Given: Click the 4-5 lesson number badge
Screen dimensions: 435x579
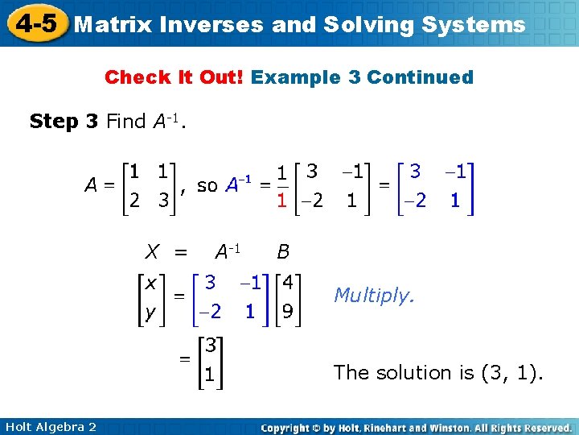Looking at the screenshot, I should pyautogui.click(x=35, y=23).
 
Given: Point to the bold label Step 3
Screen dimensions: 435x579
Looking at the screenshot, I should pyautogui.click(x=64, y=122).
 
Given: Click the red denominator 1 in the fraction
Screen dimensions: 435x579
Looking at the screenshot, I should pyautogui.click(x=281, y=199).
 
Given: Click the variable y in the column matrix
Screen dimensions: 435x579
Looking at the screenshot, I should pyautogui.click(x=150, y=312).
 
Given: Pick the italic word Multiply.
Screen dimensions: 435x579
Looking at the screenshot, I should pyautogui.click(x=374, y=296).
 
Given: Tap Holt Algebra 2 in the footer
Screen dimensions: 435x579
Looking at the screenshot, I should pyautogui.click(x=50, y=426).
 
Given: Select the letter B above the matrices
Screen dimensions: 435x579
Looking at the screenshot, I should pyautogui.click(x=283, y=253).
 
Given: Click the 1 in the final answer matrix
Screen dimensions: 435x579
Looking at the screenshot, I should pyautogui.click(x=209, y=375).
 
